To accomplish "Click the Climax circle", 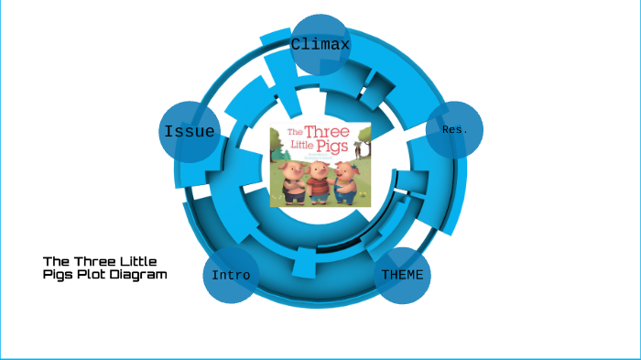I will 320,44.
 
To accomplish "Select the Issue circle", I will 189,132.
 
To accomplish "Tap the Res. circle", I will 454,130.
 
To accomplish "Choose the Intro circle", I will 230,275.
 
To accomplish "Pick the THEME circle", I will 403,275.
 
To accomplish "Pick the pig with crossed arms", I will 293,183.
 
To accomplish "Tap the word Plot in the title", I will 95,274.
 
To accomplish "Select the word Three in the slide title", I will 98,261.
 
